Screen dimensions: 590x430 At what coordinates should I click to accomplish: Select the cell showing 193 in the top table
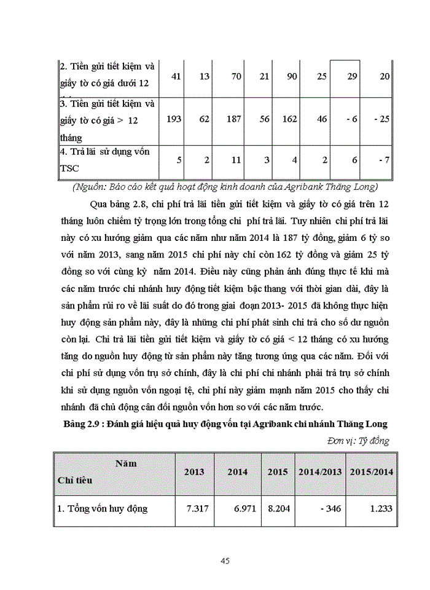(174, 119)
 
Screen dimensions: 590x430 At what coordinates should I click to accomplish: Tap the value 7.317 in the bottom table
(198, 508)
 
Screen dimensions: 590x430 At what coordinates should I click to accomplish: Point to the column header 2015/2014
(372, 471)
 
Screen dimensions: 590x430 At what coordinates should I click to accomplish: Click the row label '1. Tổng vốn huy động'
(103, 508)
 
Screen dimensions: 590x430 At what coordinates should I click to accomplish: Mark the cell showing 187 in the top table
(233, 119)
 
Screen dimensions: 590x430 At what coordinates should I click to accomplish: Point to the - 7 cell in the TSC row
(384, 160)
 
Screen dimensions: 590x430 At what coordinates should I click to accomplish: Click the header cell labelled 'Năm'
(125, 463)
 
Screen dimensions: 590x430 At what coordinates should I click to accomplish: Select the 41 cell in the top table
(176, 76)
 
